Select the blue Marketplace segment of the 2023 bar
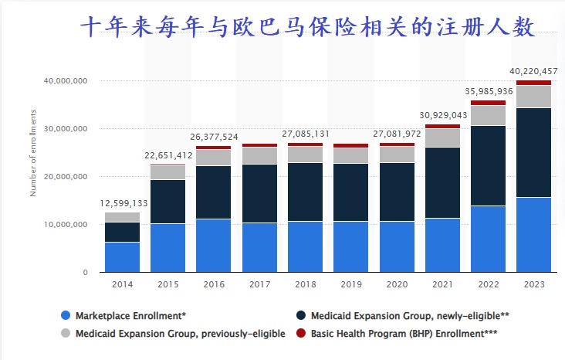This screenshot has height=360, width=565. click(533, 235)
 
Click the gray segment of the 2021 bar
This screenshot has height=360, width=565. click(442, 138)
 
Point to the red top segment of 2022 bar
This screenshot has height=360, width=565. click(488, 103)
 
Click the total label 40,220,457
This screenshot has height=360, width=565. click(533, 72)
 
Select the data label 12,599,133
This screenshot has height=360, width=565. click(124, 203)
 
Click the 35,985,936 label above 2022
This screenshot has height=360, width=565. click(488, 91)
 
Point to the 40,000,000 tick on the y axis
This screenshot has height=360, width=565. click(66, 81)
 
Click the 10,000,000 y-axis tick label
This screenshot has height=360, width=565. click(66, 225)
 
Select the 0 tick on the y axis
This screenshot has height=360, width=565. click(85, 273)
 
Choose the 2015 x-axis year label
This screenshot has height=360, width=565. click(168, 285)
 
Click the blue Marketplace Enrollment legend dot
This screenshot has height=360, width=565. click(66, 315)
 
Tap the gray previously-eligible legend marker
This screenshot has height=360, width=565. click(66, 333)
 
